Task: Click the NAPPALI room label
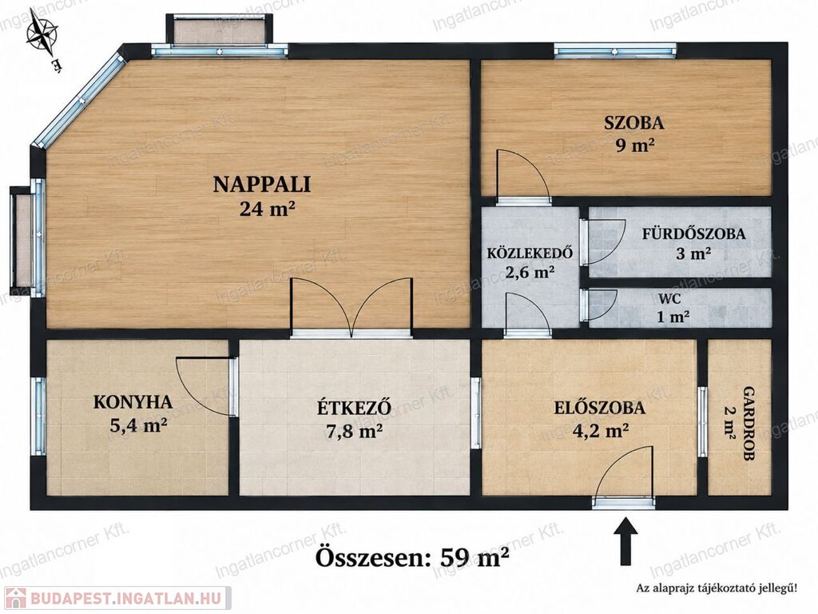tap(261, 185)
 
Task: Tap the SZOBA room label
tap(633, 122)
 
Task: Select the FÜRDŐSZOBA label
tap(693, 234)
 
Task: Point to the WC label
tap(670, 300)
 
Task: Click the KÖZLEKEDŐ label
tap(530, 253)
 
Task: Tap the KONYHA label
tap(133, 402)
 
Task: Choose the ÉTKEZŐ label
tap(354, 407)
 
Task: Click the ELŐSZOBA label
tap(599, 407)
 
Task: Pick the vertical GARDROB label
tap(749, 423)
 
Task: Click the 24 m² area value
tap(268, 209)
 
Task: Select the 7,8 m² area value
tap(354, 431)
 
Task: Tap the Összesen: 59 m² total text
tap(412, 557)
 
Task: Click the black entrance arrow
tap(625, 541)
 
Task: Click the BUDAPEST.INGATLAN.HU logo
tap(116, 598)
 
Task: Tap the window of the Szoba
tap(616, 51)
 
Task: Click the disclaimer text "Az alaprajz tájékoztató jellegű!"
tap(716, 588)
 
